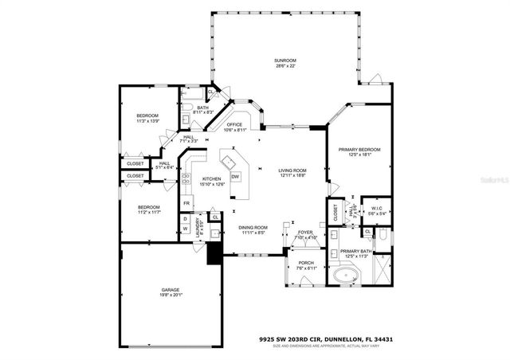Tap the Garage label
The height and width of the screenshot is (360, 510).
171,292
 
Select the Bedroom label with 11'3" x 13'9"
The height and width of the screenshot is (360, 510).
147,119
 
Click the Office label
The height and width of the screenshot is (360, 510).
233,127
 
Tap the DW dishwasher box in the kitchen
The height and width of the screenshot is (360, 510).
235,176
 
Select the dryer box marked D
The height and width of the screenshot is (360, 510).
185,217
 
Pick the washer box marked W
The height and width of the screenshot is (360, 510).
185,229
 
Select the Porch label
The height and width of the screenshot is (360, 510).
306,265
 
